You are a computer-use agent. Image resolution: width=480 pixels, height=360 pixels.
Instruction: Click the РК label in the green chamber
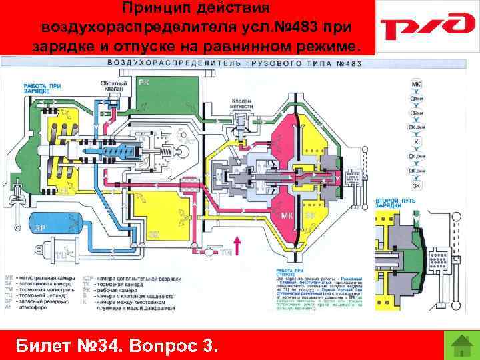tap(145, 81)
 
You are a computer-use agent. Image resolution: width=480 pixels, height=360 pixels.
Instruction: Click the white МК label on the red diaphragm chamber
tap(287, 216)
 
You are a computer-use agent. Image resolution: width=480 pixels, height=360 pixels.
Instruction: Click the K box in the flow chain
tap(417, 141)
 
